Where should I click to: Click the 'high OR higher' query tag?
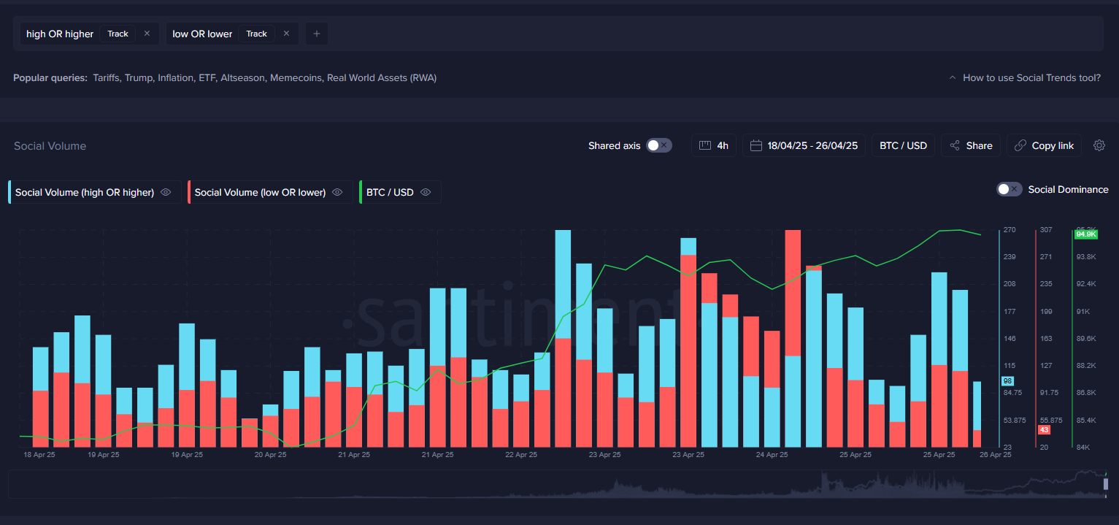(60, 34)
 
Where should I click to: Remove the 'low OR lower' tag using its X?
(286, 34)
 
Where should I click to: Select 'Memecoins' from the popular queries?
(296, 77)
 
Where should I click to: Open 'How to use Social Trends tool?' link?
(1031, 77)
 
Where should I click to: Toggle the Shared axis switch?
(658, 145)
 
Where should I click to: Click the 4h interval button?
(714, 145)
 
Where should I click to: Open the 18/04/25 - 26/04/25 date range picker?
(804, 145)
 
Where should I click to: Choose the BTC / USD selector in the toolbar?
(903, 145)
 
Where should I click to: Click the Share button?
(971, 145)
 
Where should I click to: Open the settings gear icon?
(1099, 145)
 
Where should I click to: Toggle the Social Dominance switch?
(1009, 189)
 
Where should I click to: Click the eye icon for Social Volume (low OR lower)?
(337, 192)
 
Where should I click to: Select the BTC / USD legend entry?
(390, 192)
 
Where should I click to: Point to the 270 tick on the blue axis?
(1010, 230)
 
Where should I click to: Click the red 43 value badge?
(1044, 429)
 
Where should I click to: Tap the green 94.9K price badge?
(1085, 234)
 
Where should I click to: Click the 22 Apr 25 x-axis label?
(521, 454)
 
